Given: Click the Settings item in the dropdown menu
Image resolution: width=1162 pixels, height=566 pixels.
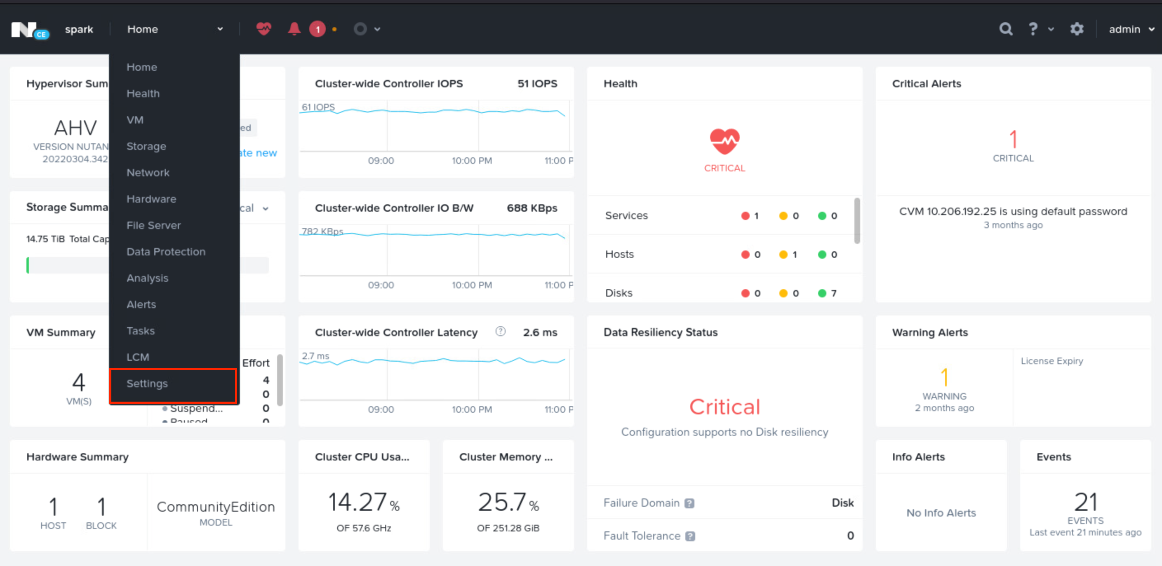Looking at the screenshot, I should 147,384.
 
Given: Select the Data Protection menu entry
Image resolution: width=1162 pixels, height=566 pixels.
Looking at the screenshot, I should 165,252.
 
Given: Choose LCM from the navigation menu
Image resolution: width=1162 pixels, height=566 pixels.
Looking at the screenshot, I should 138,357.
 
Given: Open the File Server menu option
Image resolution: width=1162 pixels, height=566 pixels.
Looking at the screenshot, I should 153,225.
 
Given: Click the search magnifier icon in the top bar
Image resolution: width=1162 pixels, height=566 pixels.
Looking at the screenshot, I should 1005,29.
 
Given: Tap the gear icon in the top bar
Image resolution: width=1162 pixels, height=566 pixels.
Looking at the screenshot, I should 1077,29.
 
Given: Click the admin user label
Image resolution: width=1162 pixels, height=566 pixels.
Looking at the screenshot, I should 1124,29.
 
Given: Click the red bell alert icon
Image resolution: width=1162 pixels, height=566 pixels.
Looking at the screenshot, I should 294,29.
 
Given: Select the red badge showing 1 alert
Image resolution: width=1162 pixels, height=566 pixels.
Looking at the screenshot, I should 318,29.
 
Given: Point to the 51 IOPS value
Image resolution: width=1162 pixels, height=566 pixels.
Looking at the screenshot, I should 537,84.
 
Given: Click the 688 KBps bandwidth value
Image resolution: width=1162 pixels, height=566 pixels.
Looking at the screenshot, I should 532,208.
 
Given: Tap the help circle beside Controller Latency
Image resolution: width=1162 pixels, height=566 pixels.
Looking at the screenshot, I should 500,332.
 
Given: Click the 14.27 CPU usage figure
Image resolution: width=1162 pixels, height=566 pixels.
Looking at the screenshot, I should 357,502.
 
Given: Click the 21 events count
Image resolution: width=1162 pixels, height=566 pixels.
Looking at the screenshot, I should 1085,502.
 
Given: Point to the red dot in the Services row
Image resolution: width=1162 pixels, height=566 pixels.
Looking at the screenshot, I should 745,216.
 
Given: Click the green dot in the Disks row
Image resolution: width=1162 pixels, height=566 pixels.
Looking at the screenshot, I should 822,293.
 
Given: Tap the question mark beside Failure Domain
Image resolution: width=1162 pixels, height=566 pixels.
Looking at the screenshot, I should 689,503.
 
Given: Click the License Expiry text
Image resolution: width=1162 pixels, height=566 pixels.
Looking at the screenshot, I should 1051,361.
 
